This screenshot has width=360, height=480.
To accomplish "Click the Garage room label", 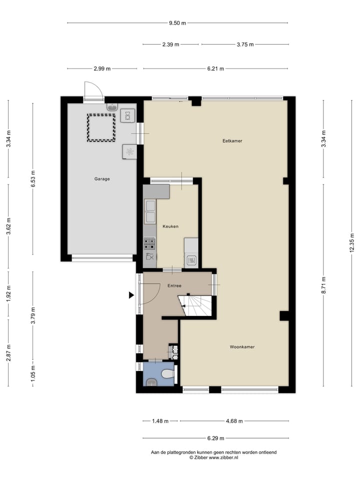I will click(x=102, y=178).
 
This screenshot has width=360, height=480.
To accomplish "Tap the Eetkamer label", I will click(x=232, y=141).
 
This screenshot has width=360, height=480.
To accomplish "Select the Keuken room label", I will click(x=170, y=226).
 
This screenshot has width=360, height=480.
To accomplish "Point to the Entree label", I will click(x=174, y=286).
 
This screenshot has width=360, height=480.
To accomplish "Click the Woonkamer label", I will click(x=242, y=346).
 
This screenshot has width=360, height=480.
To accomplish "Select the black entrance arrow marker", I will click(x=131, y=295).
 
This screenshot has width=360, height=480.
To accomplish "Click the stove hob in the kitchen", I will click(x=149, y=243).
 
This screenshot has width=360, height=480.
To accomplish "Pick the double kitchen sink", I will click(x=149, y=211).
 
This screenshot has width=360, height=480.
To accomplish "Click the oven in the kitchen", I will click(x=191, y=260).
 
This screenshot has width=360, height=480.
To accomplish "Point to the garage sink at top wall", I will click(x=112, y=106).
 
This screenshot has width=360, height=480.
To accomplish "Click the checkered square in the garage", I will click(x=101, y=127).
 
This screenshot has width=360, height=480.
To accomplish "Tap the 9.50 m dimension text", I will click(x=177, y=22).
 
